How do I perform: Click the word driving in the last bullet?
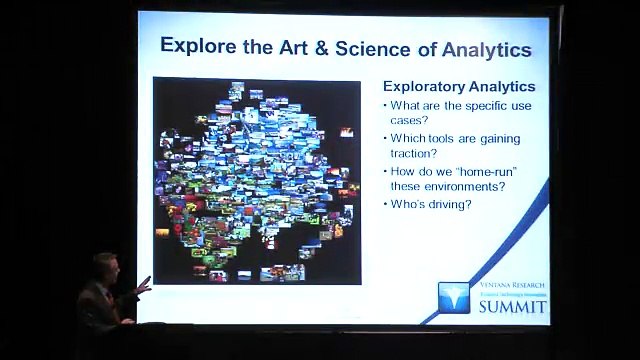coord(450,204)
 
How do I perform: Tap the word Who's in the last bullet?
coord(409,204)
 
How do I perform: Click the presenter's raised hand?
coord(143,288)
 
